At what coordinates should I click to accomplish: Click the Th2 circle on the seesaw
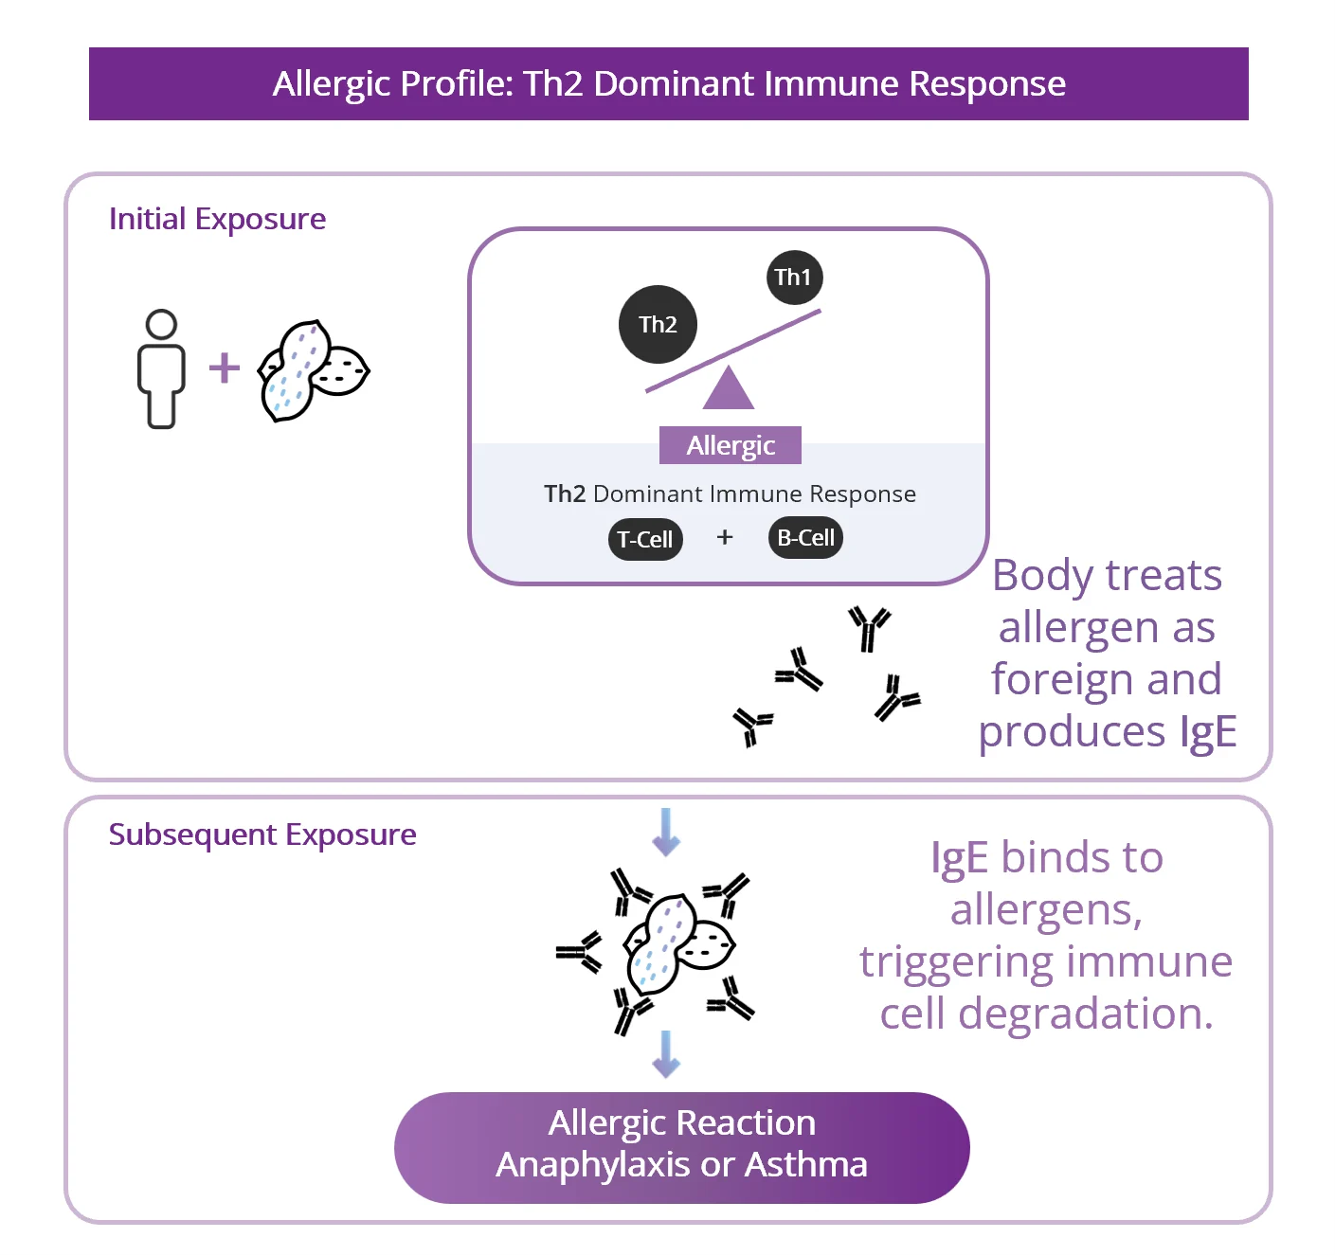click(x=658, y=325)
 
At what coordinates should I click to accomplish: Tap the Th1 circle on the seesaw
click(x=794, y=278)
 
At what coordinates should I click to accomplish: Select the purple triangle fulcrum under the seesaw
click(x=729, y=389)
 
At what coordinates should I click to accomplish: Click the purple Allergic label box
click(x=731, y=445)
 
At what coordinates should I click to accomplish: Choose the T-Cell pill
click(x=645, y=540)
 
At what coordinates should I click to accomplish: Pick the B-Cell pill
click(x=805, y=538)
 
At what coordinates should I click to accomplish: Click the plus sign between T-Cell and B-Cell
click(x=725, y=537)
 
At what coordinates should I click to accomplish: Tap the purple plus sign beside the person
click(x=225, y=368)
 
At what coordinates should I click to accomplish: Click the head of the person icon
click(x=162, y=325)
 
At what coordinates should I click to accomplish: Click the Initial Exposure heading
click(x=217, y=219)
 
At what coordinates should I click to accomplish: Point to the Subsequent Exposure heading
click(x=262, y=834)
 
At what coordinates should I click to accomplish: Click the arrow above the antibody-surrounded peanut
click(x=666, y=832)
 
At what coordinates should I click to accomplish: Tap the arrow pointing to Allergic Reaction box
click(x=666, y=1053)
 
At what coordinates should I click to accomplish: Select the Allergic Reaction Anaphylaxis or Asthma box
click(x=681, y=1146)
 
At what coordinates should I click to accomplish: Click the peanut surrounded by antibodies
click(x=677, y=943)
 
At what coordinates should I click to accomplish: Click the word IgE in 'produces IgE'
click(x=1208, y=731)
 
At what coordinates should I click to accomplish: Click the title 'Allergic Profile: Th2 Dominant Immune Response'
click(x=669, y=84)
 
